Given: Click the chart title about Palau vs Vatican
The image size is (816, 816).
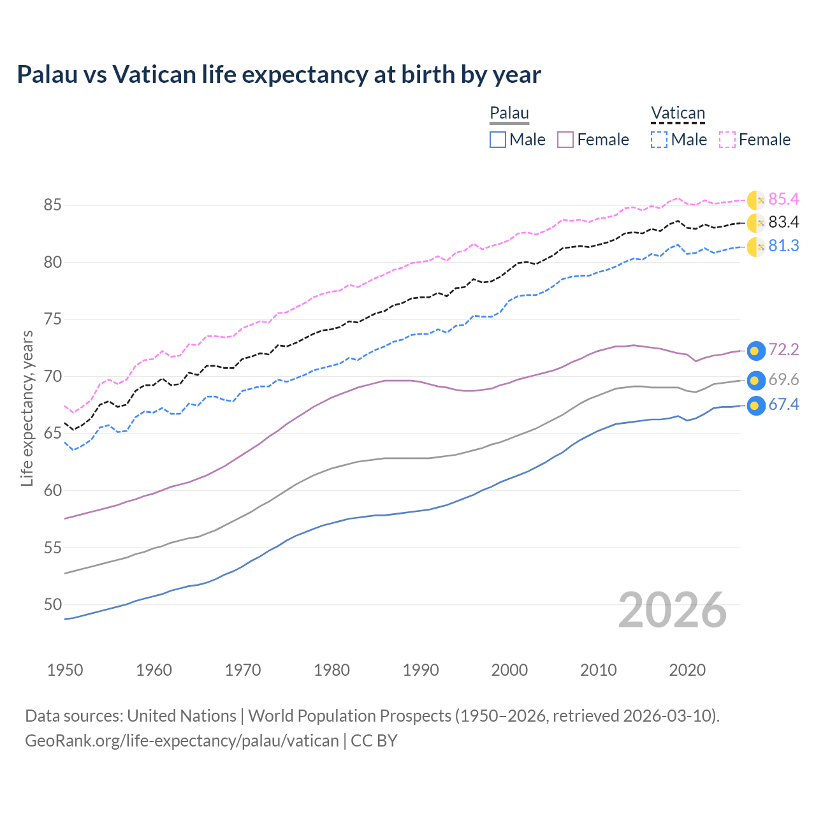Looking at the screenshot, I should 279,75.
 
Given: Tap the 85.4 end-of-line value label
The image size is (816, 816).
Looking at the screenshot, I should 783,200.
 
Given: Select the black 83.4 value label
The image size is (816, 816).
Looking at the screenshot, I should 783,222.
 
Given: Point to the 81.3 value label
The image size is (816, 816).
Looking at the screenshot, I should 783,246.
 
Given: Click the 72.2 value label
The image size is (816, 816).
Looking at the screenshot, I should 783,350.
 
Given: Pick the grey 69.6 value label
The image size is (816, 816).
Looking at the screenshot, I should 783,380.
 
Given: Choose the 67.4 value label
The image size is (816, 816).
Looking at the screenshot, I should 783,405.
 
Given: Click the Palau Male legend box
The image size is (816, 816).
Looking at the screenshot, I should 498,140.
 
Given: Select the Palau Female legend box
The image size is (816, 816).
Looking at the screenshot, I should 565,140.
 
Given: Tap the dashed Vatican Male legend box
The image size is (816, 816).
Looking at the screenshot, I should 659,140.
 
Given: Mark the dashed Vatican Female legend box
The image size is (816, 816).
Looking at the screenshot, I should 727,140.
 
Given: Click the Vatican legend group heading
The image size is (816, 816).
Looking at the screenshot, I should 678,113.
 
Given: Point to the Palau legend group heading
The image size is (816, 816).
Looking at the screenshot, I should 509,113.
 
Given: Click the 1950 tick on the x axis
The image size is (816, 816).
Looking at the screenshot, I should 65,670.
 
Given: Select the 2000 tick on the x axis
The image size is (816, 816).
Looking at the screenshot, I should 509,670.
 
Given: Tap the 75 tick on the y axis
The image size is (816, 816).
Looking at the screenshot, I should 52,319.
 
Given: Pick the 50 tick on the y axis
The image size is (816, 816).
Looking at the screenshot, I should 52,604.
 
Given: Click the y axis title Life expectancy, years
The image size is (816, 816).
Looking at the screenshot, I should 27,408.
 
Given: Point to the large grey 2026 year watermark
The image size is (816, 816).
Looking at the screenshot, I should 673,610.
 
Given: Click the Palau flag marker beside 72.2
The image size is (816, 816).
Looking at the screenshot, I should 755,351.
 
